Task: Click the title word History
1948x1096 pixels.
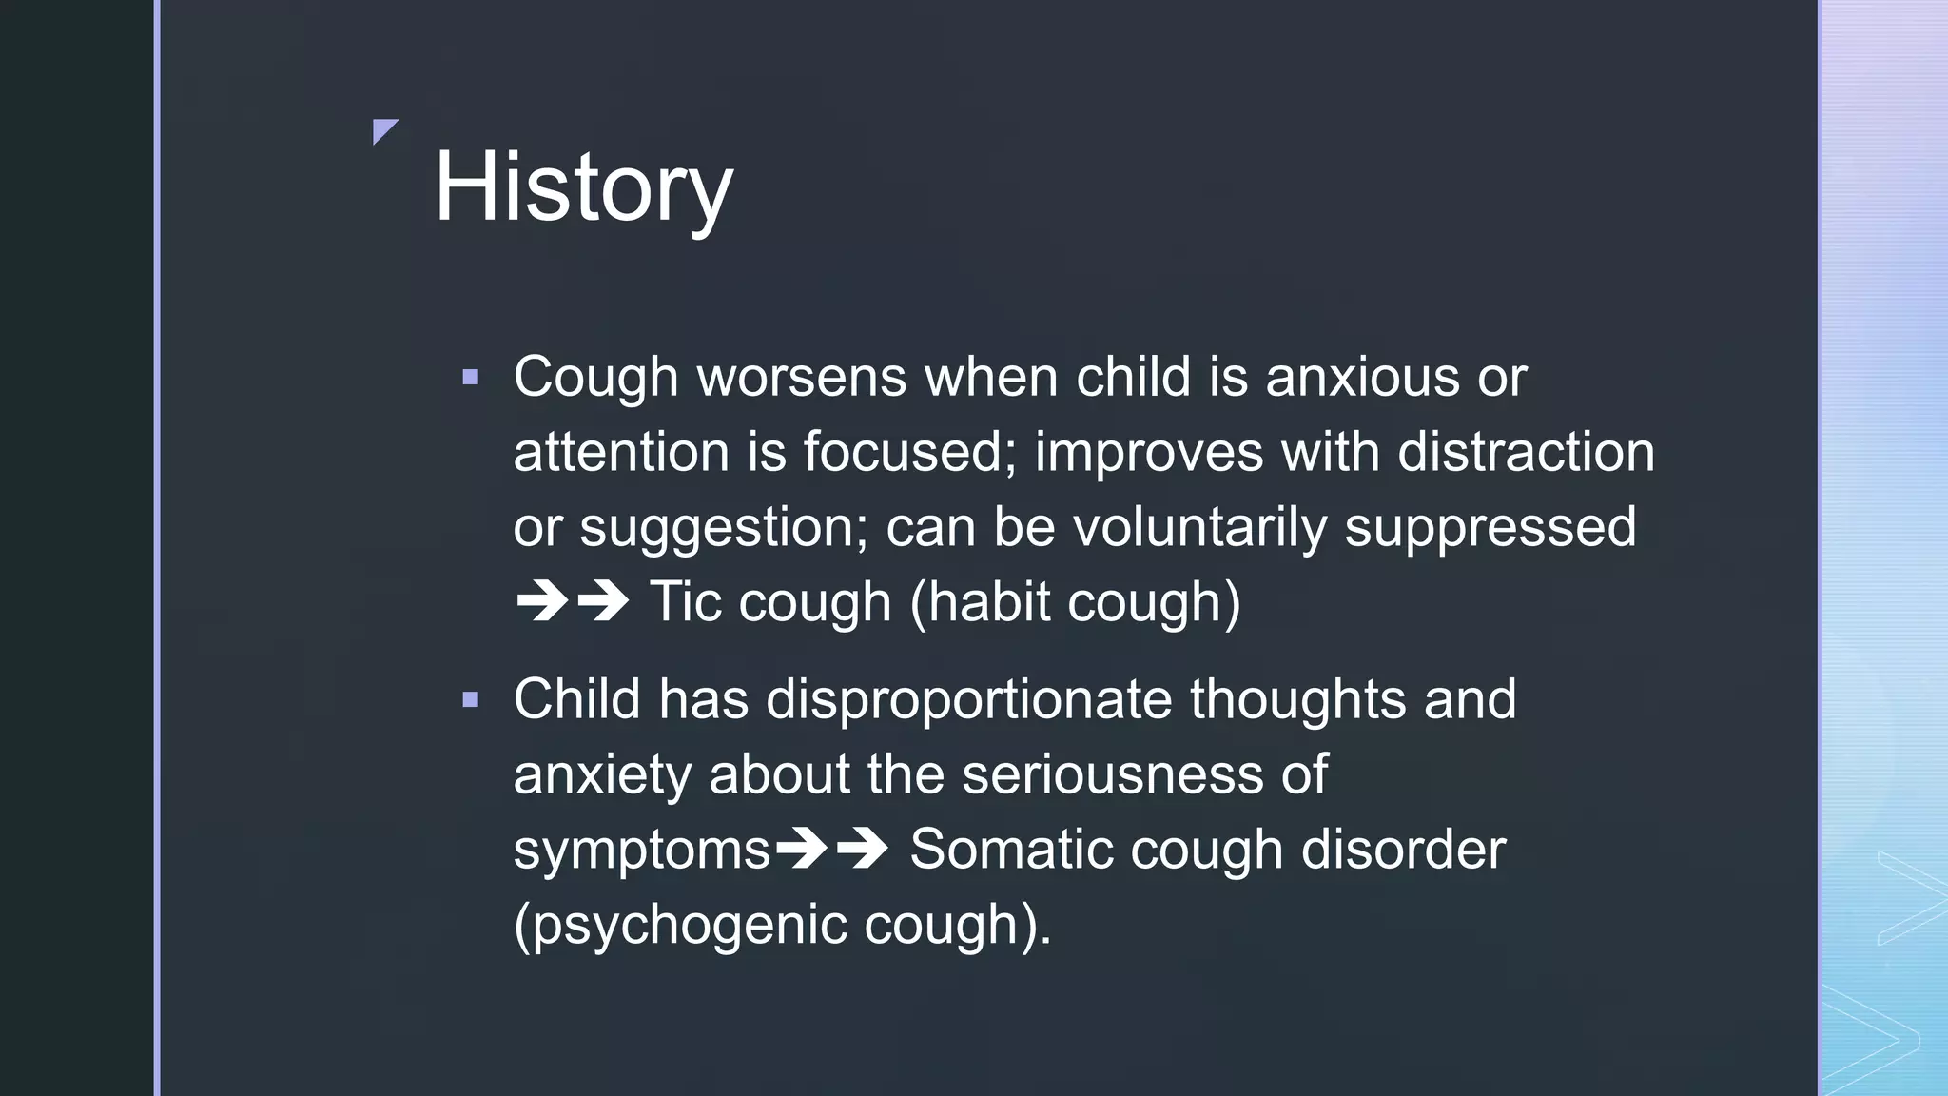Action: click(583, 187)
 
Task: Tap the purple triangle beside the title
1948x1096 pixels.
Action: click(383, 130)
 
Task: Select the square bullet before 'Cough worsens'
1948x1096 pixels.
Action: click(470, 378)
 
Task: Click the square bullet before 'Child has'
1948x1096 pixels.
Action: click(470, 701)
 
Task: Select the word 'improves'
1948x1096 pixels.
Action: click(1149, 453)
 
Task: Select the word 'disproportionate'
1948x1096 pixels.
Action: click(968, 700)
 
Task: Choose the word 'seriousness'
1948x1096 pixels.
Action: click(1112, 774)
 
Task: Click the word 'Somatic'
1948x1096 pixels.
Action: click(1011, 849)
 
